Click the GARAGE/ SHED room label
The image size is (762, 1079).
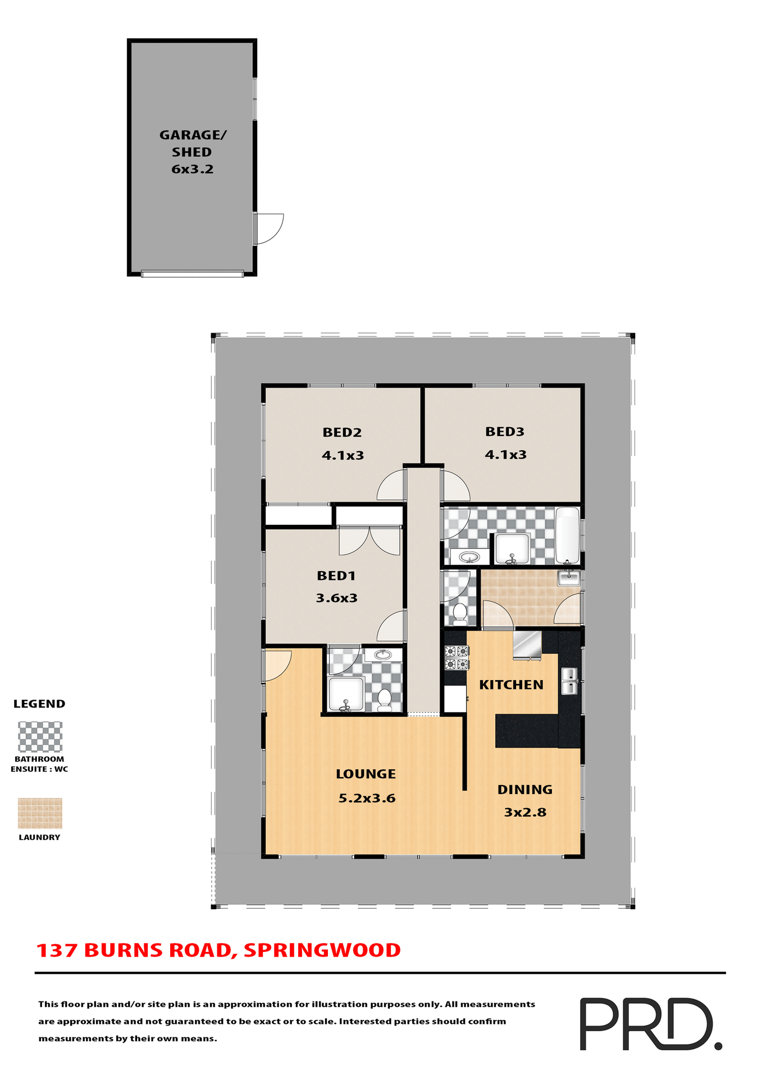pos(192,143)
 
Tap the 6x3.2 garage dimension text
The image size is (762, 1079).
pos(192,169)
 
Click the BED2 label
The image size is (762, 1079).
pos(341,432)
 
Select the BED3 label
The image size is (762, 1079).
pos(504,432)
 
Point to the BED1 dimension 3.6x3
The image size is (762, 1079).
pos(336,598)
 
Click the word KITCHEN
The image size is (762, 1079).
pos(511,684)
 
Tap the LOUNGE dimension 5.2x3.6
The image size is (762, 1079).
pos(367,798)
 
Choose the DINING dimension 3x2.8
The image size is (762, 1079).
pos(525,812)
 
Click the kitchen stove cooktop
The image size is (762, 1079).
pos(457,658)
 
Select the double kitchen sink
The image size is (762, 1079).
pos(569,681)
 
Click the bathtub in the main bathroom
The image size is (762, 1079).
pos(567,535)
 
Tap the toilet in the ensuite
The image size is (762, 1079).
pos(385,700)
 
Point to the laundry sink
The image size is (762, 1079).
pos(569,578)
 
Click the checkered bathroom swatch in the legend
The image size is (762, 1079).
pos(40,737)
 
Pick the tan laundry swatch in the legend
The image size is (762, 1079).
pos(40,813)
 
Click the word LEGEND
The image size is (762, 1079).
pos(39,704)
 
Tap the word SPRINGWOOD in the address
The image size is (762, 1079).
pos(322,950)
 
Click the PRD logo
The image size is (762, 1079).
pos(650,1024)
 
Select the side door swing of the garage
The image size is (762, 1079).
pos(270,229)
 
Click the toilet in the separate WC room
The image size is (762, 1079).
pos(460,613)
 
